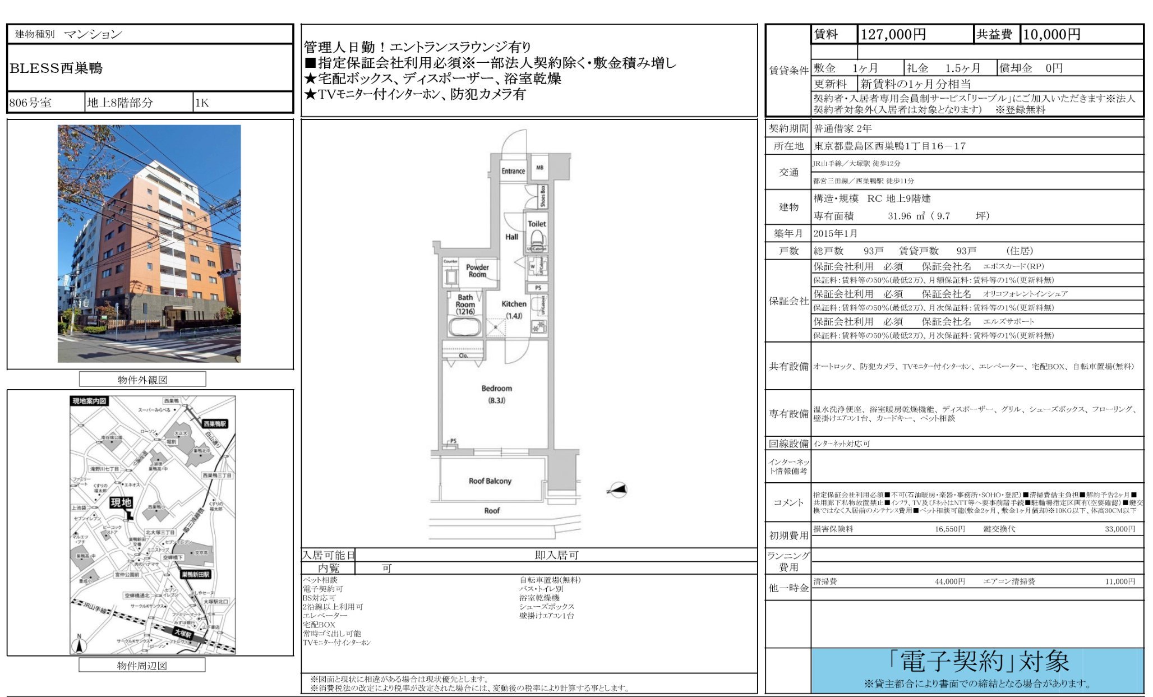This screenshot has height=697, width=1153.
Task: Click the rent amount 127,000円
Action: click(x=893, y=35)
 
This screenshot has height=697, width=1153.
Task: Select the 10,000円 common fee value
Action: click(x=1051, y=35)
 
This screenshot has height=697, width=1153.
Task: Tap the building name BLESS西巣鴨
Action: click(x=56, y=68)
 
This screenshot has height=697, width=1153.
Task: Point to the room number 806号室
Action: click(x=30, y=103)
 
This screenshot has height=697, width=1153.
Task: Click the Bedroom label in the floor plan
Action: click(x=496, y=388)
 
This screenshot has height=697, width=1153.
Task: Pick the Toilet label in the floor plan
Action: click(x=537, y=224)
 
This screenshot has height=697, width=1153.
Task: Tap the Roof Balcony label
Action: click(x=490, y=481)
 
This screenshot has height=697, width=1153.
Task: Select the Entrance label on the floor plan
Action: click(x=513, y=171)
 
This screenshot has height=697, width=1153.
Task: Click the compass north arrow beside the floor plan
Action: click(x=617, y=490)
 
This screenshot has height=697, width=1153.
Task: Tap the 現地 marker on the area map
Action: click(x=121, y=502)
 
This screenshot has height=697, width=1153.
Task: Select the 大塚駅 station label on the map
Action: click(x=183, y=634)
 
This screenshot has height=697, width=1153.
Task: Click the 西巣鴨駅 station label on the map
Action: click(x=215, y=423)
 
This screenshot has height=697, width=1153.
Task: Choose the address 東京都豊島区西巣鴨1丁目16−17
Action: click(x=890, y=146)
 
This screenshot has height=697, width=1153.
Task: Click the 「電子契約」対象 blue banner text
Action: click(x=978, y=662)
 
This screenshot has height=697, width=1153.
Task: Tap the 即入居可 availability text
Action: click(x=556, y=555)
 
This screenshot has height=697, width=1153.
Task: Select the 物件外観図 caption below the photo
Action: click(x=142, y=380)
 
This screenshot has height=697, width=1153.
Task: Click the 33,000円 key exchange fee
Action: click(x=1120, y=529)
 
